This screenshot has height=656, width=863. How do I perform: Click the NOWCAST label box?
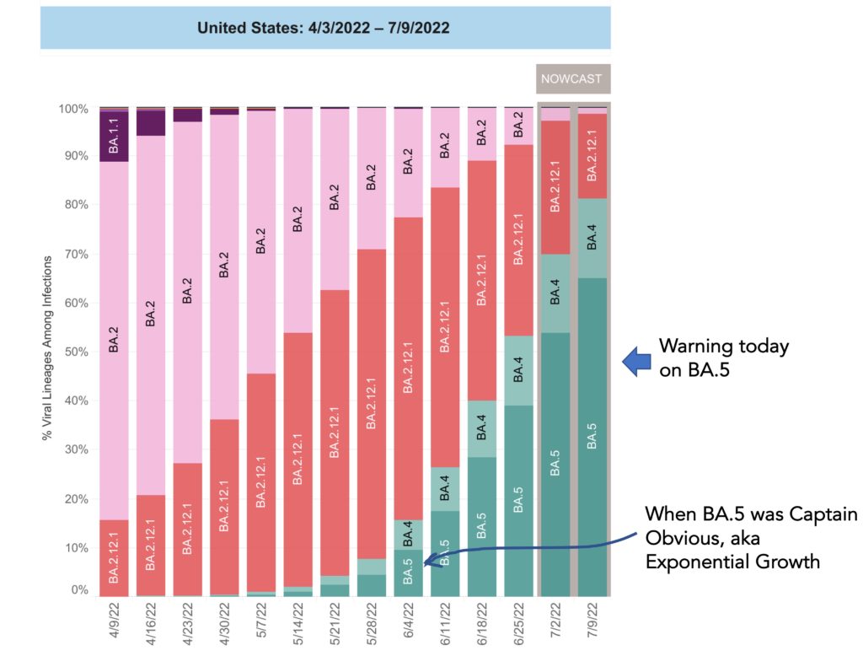click(x=572, y=79)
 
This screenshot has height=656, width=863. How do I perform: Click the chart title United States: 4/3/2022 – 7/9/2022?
click(x=324, y=28)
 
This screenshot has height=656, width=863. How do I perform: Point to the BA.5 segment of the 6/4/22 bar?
click(x=409, y=573)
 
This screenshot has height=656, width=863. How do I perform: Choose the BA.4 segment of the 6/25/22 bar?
click(x=518, y=370)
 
